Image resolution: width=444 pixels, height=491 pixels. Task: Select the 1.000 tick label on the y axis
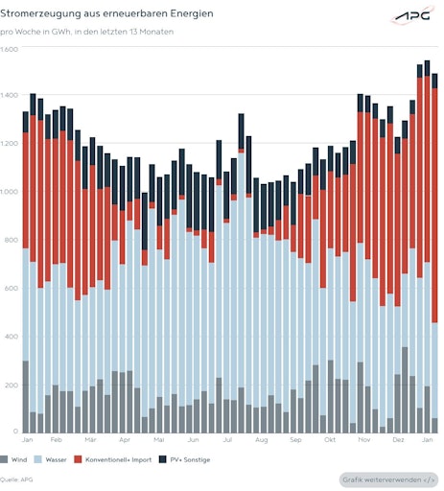pos(11,192)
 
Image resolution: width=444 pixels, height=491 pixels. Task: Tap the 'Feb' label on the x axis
pos(56,439)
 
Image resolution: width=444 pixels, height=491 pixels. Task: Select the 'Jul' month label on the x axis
pos(227,439)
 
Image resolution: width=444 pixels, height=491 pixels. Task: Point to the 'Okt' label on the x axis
pos(330,439)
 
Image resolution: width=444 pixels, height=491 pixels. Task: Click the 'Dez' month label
pos(398,439)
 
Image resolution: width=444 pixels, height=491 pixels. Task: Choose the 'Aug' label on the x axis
pos(261,439)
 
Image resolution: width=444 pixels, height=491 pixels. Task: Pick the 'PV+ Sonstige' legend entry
pos(186,459)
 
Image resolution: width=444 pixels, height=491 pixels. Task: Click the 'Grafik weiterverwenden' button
pos(389,479)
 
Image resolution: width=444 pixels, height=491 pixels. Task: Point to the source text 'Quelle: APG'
pos(16,479)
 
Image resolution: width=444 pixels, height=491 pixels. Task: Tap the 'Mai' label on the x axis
pos(159,439)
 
